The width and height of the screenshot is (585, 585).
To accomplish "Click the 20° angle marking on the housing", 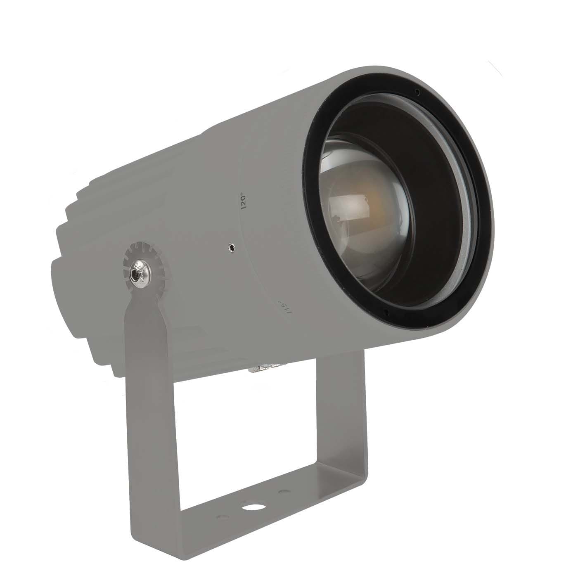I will [244, 201].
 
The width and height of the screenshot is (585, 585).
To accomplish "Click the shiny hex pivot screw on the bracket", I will [138, 272].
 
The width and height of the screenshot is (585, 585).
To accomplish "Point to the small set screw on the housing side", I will [232, 248].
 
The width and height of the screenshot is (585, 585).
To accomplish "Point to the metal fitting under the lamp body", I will [264, 368].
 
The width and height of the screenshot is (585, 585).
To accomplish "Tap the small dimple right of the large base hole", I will [282, 492].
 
